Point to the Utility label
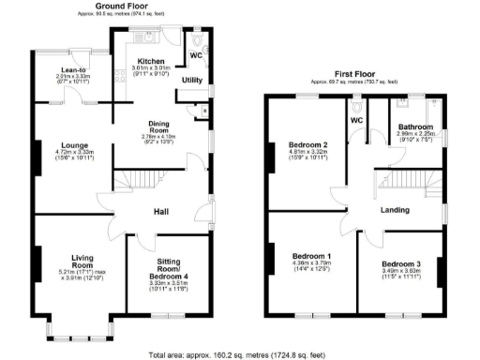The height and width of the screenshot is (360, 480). (192, 81)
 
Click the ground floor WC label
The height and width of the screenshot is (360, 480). (196, 54)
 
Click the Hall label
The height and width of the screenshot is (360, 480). (160, 212)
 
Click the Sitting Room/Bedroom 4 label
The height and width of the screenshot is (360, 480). (169, 267)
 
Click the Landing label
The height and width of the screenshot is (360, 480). (393, 210)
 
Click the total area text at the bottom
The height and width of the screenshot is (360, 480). (240, 355)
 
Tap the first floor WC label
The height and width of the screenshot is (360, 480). (356, 121)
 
